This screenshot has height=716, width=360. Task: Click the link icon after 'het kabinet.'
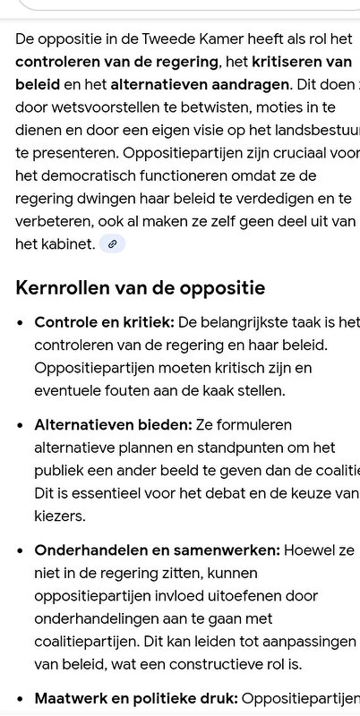point(112,243)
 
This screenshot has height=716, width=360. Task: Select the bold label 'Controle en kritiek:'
point(104,322)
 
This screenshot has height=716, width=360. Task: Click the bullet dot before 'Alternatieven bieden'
point(20,424)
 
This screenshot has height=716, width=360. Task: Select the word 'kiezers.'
point(60,516)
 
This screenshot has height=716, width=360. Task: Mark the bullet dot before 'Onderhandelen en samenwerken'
point(20,550)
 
